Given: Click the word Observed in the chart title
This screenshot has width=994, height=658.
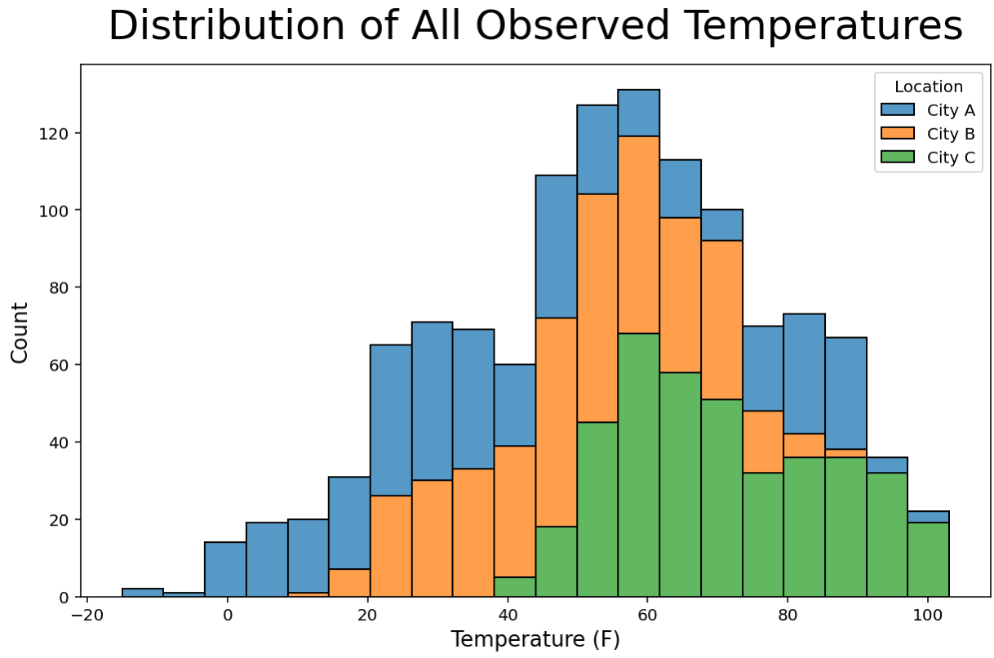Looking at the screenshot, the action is pyautogui.click(x=572, y=26).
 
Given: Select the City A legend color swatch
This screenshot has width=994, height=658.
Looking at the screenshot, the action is pyautogui.click(x=898, y=109).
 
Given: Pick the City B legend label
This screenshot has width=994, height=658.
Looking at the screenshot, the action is pyautogui.click(x=951, y=134).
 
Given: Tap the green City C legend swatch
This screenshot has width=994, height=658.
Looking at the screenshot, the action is pyautogui.click(x=898, y=157).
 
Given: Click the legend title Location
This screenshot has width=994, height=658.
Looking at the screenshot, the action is pyautogui.click(x=929, y=87).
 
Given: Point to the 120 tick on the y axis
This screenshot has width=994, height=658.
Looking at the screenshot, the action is pyautogui.click(x=53, y=133).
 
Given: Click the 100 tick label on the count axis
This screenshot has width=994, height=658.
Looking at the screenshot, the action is pyautogui.click(x=53, y=211).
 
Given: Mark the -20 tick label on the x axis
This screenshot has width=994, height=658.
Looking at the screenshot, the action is pyautogui.click(x=87, y=615).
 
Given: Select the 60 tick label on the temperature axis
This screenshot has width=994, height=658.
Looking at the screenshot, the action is pyautogui.click(x=647, y=615).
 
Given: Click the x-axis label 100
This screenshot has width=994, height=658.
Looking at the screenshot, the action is pyautogui.click(x=927, y=615).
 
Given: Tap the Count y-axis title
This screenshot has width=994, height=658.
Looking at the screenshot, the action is pyautogui.click(x=20, y=333).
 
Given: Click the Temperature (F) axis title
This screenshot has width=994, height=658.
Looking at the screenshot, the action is pyautogui.click(x=535, y=639).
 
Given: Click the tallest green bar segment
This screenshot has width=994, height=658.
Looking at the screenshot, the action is pyautogui.click(x=638, y=465).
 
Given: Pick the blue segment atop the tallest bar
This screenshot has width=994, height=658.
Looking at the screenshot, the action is pyautogui.click(x=638, y=113).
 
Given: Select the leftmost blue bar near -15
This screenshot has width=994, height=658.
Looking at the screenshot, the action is pyautogui.click(x=143, y=593).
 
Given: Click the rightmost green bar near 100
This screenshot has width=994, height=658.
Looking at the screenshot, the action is pyautogui.click(x=929, y=559).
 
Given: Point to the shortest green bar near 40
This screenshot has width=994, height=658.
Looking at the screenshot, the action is pyautogui.click(x=515, y=587).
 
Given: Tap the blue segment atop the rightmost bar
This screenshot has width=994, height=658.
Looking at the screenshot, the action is pyautogui.click(x=929, y=517).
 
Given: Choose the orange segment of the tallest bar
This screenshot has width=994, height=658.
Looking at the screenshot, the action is pyautogui.click(x=638, y=235).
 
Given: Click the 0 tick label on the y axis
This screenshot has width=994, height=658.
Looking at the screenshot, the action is pyautogui.click(x=64, y=598).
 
